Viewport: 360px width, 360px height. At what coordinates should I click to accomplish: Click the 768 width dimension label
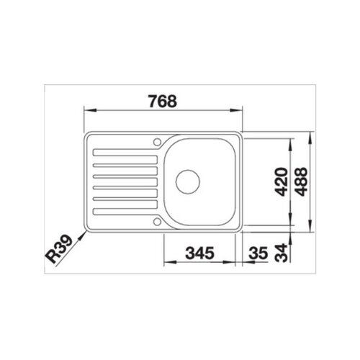point(163,101)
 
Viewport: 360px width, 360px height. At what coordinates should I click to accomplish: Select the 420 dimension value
point(281,181)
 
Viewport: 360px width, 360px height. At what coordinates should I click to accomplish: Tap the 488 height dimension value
point(301,181)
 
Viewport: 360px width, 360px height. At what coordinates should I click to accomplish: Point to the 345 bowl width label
point(200,253)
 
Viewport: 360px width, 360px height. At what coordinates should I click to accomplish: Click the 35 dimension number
point(258,253)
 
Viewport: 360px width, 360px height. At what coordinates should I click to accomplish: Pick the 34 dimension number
point(281,253)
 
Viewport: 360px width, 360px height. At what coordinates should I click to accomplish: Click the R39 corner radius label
point(59,249)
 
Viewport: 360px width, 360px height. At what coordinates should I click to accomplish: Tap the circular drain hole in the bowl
point(188,181)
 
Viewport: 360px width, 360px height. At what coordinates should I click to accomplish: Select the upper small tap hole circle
point(157,142)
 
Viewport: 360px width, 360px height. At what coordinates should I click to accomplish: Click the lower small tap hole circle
point(157,222)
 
